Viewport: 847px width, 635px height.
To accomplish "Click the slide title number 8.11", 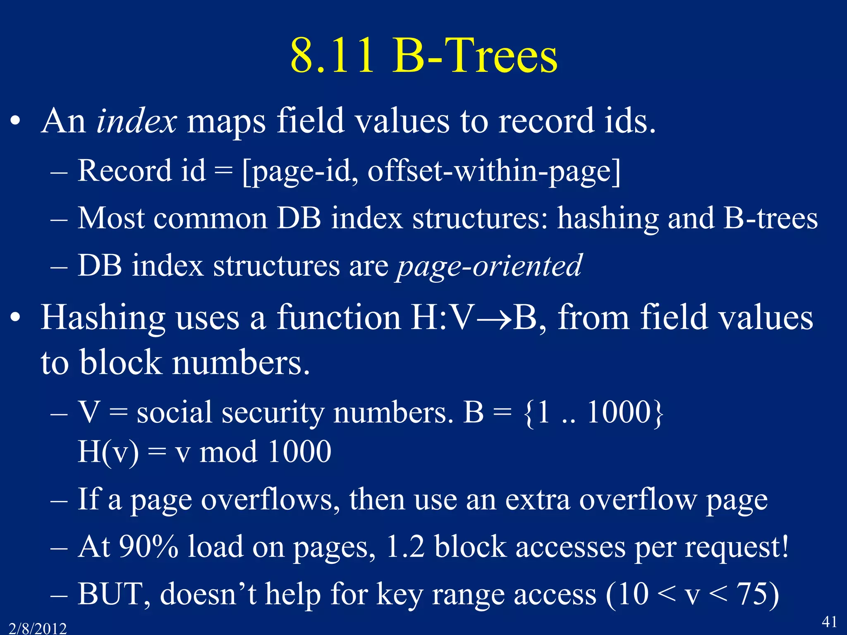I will tap(333, 56).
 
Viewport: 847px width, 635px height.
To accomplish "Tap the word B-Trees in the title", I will tap(475, 56).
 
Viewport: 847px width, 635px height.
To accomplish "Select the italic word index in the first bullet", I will tap(136, 121).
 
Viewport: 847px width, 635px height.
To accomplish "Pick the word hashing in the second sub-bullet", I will tap(608, 218).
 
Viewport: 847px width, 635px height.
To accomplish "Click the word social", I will tap(174, 412).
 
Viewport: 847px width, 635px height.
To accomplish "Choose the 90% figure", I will tap(148, 547).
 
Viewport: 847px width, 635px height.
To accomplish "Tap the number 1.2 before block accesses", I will tap(405, 547).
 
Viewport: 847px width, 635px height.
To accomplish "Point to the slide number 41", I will tap(829, 621).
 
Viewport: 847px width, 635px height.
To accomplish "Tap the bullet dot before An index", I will tap(15, 122).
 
